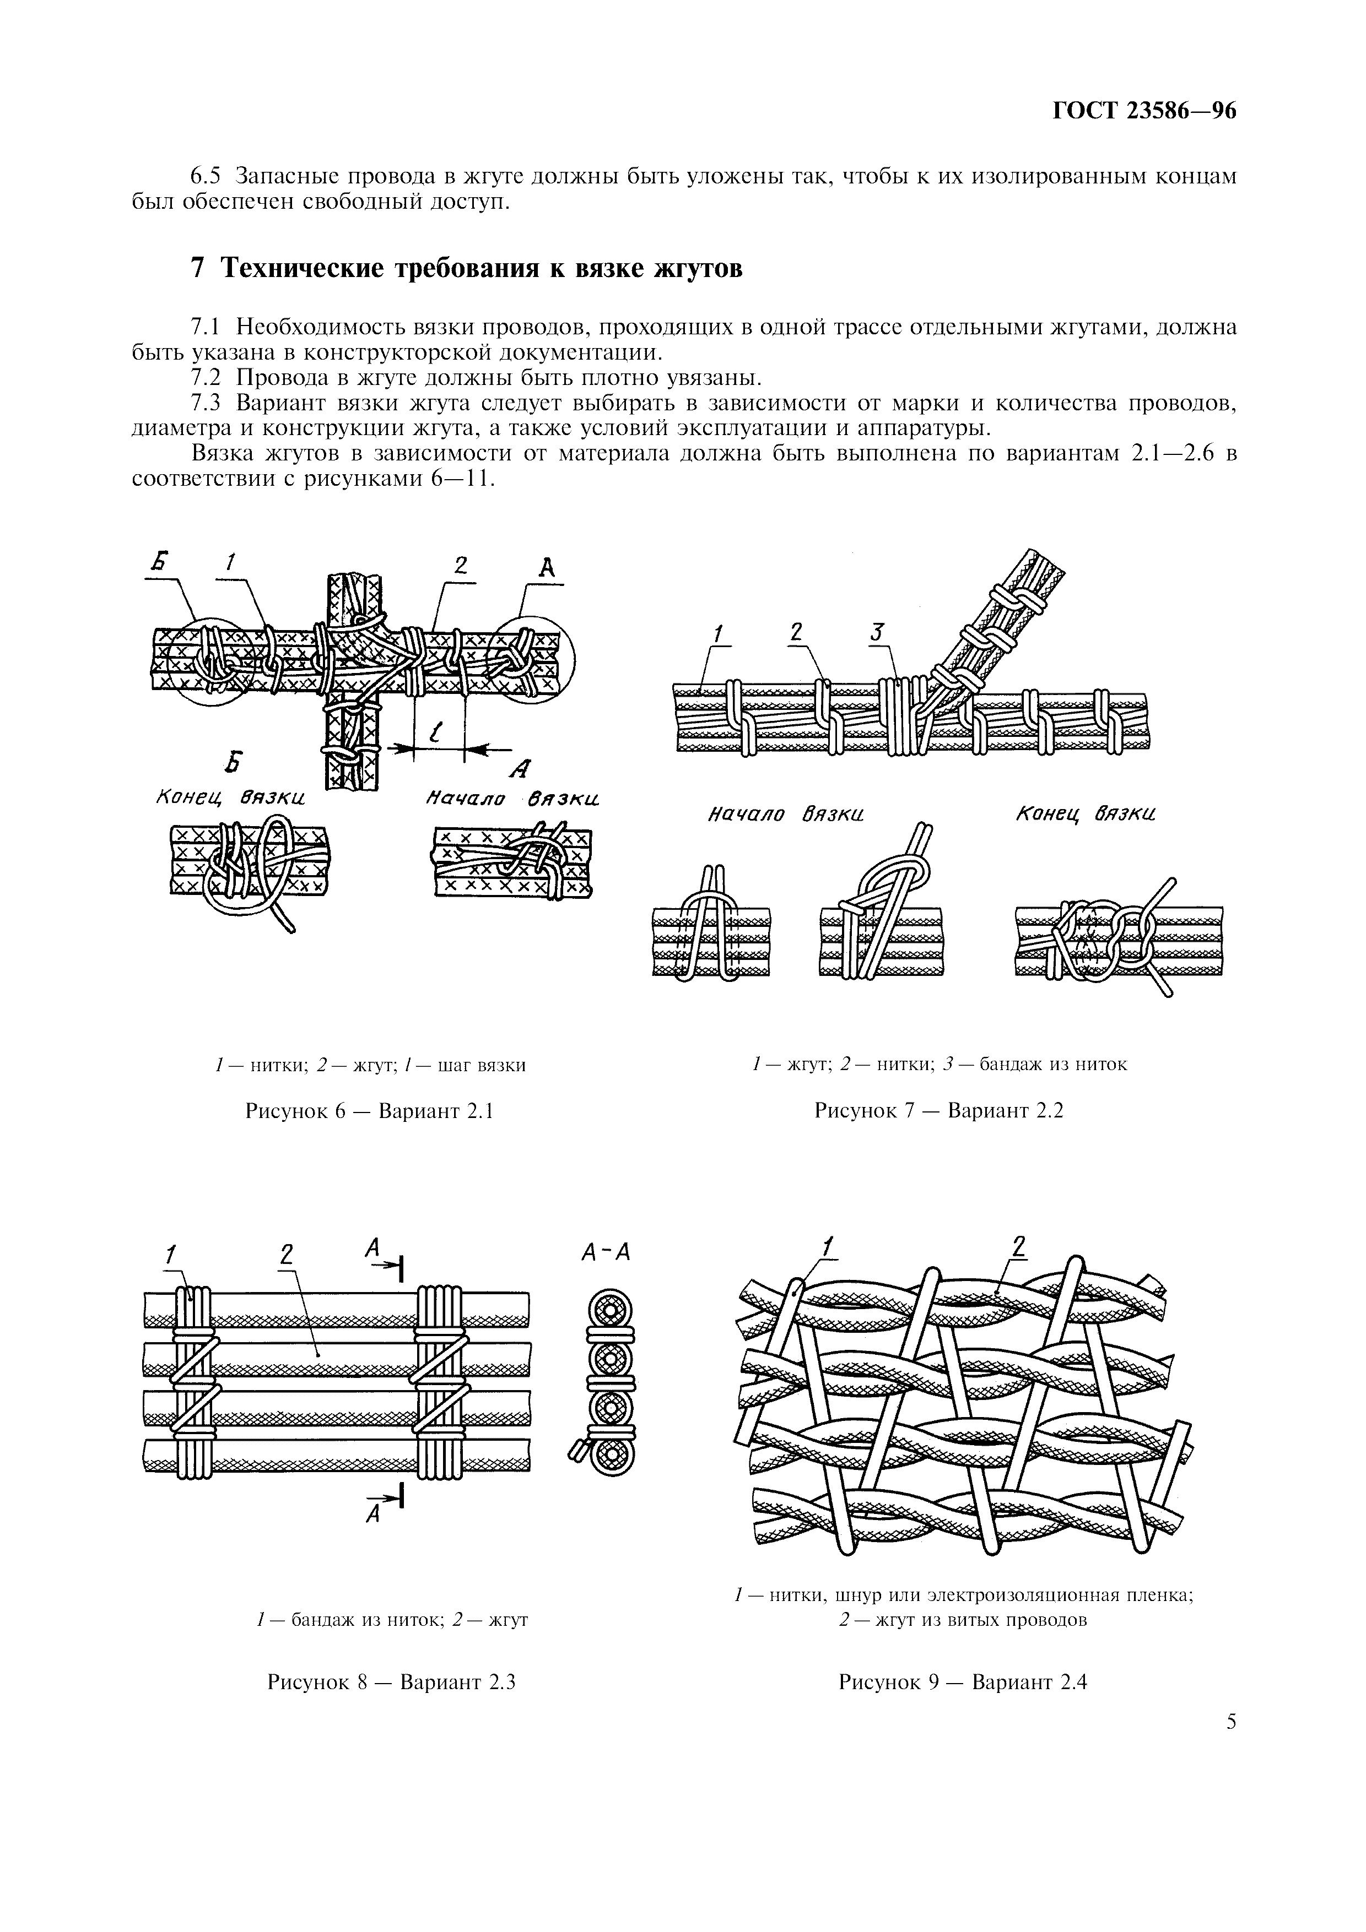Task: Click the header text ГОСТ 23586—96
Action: pos(1144,112)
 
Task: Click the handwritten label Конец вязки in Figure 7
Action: pos(1085,815)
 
